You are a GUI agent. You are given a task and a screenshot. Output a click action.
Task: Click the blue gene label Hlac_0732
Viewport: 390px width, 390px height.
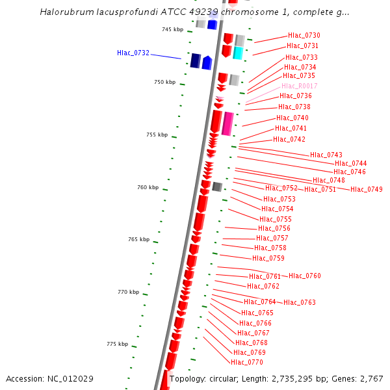coord(133,53)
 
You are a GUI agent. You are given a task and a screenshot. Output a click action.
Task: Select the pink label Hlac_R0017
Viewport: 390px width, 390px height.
coord(300,86)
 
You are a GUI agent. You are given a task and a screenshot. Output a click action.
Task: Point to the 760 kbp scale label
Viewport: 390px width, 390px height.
coord(148,187)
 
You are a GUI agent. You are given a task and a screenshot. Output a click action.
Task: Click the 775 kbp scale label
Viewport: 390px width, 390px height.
coord(118,344)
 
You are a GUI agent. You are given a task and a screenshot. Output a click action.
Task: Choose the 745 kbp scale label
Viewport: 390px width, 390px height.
coord(173,29)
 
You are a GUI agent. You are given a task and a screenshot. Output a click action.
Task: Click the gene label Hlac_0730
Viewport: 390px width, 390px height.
coord(304,35)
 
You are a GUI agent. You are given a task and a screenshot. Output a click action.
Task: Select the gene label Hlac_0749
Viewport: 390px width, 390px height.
coord(367,189)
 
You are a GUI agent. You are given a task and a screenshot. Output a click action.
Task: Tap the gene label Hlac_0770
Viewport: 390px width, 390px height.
coord(247,362)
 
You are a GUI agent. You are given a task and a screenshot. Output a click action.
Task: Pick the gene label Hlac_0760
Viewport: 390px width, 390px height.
coord(305,276)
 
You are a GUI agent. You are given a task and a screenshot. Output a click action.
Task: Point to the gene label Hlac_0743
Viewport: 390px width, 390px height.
coord(326,155)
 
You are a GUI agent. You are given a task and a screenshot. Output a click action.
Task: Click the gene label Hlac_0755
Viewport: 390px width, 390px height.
coord(276,219)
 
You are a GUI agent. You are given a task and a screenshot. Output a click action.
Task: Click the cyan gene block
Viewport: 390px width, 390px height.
coord(238,53)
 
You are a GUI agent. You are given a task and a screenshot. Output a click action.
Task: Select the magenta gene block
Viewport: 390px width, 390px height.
coord(227,123)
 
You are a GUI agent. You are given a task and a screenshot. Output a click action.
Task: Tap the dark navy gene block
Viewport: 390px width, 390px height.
coord(195,61)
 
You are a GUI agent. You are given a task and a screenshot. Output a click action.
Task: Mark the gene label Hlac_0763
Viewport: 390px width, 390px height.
coord(300,302)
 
